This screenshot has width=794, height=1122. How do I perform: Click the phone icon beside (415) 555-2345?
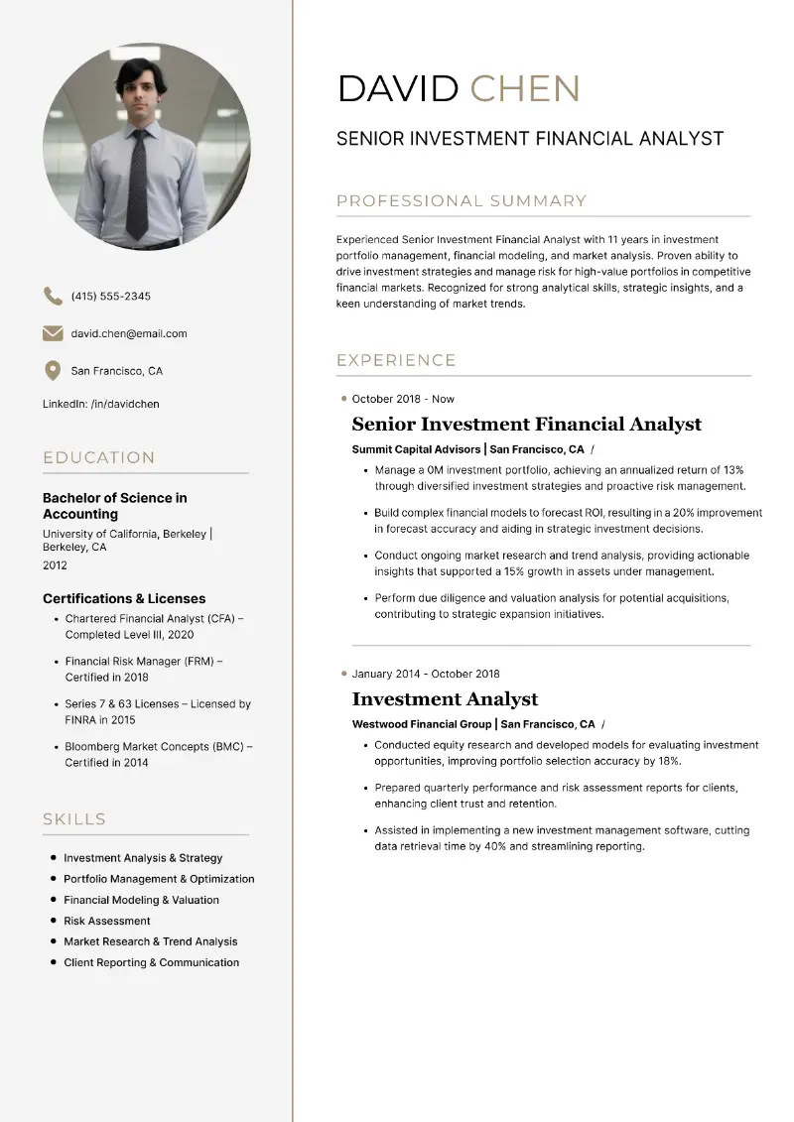(52, 296)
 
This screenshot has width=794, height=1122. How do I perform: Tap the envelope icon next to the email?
(52, 333)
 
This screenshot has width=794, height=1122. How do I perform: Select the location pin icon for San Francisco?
(52, 371)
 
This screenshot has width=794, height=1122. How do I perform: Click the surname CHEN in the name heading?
(524, 89)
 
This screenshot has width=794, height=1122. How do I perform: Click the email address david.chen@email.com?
(129, 333)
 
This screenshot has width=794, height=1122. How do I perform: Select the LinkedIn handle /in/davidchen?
(125, 404)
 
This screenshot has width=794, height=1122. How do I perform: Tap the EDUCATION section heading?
(99, 457)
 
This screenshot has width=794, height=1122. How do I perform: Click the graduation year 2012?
(55, 565)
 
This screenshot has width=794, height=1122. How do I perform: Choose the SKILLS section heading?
(74, 819)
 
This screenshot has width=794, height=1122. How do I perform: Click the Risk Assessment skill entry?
(107, 921)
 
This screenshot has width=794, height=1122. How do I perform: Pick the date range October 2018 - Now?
(403, 399)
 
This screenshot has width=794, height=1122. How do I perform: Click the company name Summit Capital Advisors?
(416, 449)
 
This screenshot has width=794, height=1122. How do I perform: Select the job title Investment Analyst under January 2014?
(445, 699)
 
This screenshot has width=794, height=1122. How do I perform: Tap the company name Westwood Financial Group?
(421, 724)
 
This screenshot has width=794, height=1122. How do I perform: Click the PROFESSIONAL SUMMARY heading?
(462, 201)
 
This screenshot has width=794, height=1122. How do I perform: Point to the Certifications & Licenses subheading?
(124, 598)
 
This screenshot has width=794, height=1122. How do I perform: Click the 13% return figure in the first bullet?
(733, 470)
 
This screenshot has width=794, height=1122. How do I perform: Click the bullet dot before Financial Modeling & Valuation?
(54, 900)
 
